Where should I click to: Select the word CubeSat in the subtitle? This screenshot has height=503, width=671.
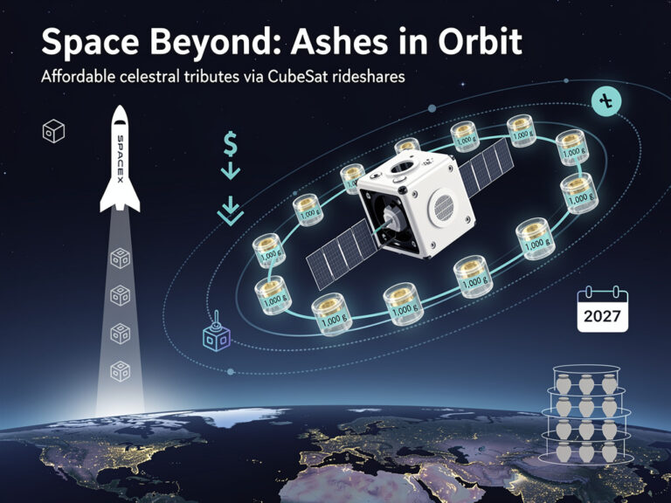pyautogui.click(x=305, y=77)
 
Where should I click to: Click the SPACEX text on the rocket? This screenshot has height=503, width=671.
pyautogui.click(x=121, y=157)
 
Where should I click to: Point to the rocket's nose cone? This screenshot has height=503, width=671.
pyautogui.click(x=121, y=118)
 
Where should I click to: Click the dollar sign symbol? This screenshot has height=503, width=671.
pyautogui.click(x=231, y=141)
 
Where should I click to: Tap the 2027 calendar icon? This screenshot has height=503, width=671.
pyautogui.click(x=603, y=309)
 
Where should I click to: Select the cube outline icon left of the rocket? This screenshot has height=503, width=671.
pyautogui.click(x=53, y=131)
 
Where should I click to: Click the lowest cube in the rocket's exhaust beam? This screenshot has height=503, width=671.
pyautogui.click(x=121, y=370)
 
